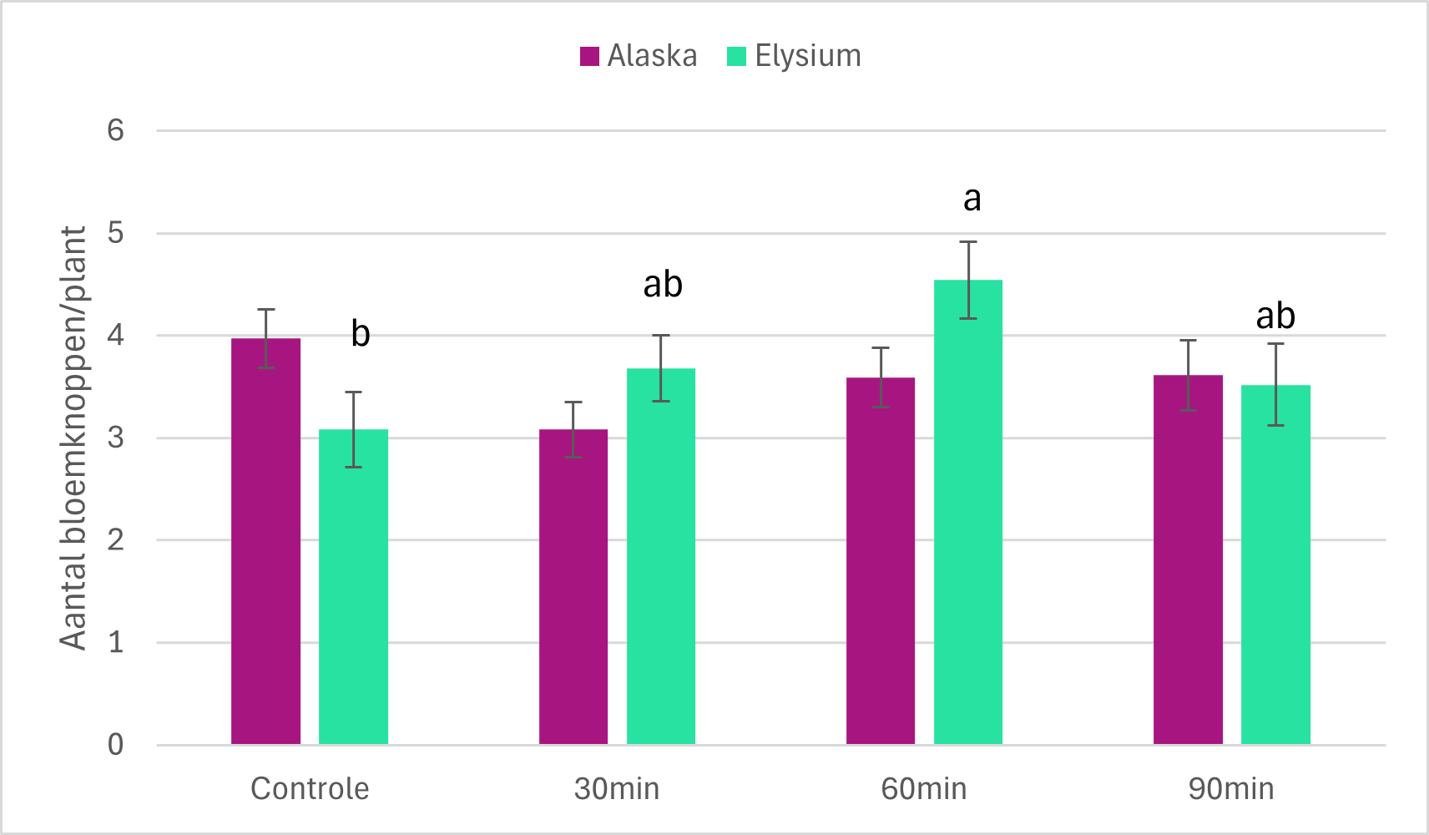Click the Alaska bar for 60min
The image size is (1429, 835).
881,560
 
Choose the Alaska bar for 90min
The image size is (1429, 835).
1188,559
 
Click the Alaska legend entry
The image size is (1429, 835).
639,56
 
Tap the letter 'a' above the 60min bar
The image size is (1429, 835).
972,200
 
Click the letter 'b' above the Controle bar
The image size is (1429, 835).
360,333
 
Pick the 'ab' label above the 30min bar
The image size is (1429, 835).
663,285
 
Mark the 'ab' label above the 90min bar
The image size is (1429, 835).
1275,316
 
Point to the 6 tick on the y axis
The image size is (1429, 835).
115,130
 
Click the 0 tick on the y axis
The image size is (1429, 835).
115,744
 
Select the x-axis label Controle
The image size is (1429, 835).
310,788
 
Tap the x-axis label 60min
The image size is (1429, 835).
924,788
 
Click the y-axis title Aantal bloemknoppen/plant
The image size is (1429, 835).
74,438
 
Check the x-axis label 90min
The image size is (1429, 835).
1231,788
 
